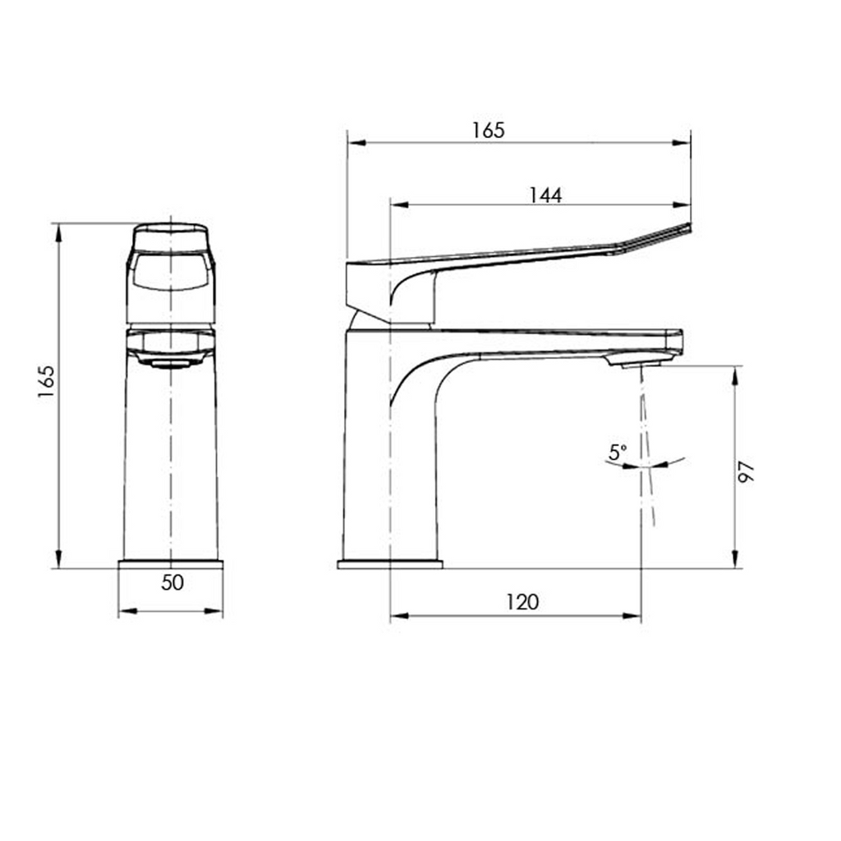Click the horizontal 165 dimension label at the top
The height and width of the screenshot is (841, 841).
[488, 130]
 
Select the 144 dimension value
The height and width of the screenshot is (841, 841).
[545, 195]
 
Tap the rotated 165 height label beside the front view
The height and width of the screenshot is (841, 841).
[46, 382]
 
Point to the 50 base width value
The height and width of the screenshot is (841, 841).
[172, 583]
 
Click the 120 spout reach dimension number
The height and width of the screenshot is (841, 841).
[522, 602]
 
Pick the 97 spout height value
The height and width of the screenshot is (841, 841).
[746, 471]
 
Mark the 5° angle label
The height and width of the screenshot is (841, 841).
[618, 452]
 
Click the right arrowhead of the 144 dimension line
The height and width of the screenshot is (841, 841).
[682, 205]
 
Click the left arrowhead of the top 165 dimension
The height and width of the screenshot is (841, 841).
[356, 143]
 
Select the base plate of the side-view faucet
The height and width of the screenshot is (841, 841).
[390, 564]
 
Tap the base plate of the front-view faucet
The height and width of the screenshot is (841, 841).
[171, 564]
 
